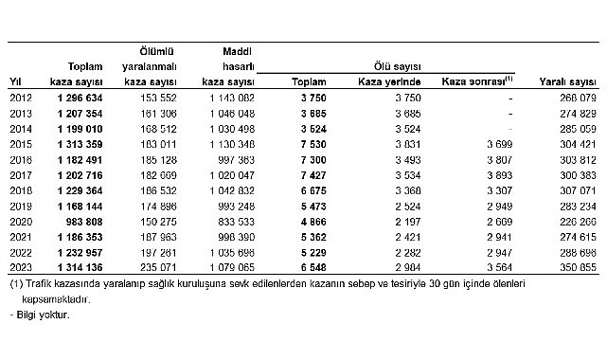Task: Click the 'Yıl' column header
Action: coord(15,81)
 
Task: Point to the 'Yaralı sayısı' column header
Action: coord(566,81)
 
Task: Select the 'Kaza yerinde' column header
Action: coord(388,81)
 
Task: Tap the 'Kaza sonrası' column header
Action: coord(476,81)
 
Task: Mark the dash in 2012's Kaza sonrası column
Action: coord(509,97)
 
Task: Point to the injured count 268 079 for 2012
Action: coord(571,97)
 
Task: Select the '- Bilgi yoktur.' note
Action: coord(40,315)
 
